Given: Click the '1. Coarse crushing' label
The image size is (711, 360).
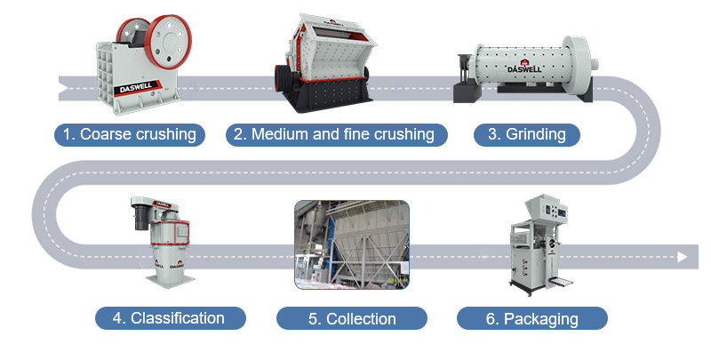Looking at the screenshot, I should (129, 135).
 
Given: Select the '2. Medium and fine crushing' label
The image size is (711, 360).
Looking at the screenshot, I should (334, 135).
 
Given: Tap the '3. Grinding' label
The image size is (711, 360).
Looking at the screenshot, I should (527, 135).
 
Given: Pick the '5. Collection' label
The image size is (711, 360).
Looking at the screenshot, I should (351, 318).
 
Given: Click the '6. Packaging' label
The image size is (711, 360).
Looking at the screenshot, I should (531, 318).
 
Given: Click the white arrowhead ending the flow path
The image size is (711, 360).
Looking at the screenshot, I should (682, 257).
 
